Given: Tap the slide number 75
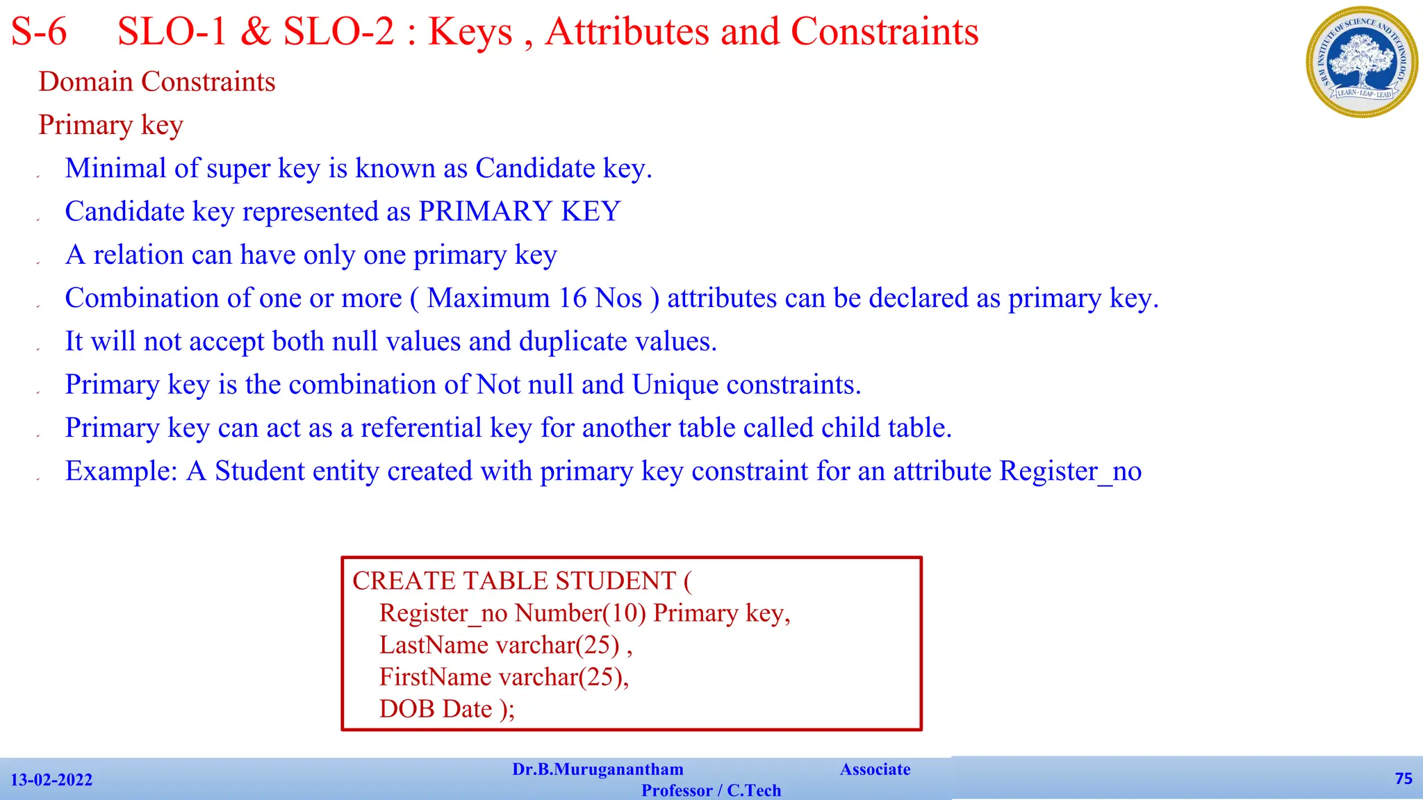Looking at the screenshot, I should coord(1404,778).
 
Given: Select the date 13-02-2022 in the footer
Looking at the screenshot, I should coord(51,780).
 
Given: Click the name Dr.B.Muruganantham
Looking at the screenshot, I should coord(598,769).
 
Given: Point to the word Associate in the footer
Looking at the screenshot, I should coord(875,769).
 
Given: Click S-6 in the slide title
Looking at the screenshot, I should coord(39,32).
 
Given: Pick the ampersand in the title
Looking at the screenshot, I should coord(256,32).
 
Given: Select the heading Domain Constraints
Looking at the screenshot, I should coord(157,82).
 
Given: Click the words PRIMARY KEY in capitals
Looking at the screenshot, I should coord(519,212).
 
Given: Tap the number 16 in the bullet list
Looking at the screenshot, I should coord(573,299).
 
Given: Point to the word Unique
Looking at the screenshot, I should coord(675,385).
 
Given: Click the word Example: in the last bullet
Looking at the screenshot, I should coord(122,472).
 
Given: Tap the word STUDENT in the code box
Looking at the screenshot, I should coord(616,581).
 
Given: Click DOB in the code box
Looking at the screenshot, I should coord(406,709).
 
